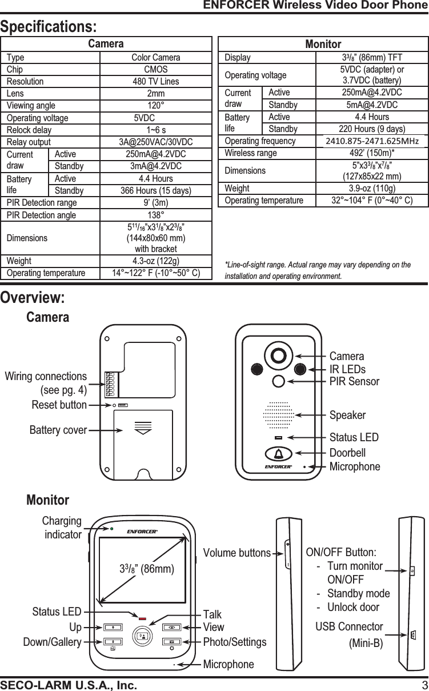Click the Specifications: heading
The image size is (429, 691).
tap(49, 27)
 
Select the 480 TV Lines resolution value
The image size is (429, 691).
tap(155, 81)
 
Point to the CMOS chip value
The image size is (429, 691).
tap(155, 69)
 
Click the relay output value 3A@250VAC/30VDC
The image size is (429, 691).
tap(155, 142)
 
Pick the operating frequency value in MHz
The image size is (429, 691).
tap(372, 141)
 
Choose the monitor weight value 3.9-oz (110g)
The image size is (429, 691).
tap(372, 188)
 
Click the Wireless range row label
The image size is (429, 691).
tap(251, 153)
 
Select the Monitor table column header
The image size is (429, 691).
tap(323, 44)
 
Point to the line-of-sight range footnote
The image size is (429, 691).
tap(318, 271)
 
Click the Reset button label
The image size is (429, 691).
tap(59, 405)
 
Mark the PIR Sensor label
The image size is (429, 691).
tap(354, 381)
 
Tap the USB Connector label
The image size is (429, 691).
tap(349, 627)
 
